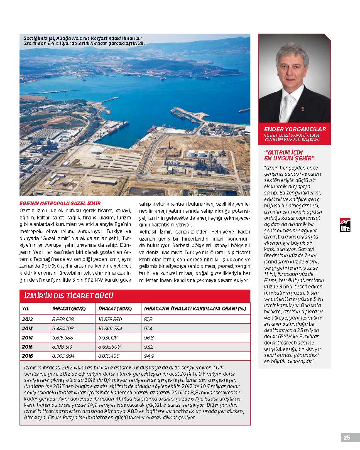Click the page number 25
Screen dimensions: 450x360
coord(347,437)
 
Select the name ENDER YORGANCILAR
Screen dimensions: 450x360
coord(295,129)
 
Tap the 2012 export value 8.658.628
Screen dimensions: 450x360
coord(63,319)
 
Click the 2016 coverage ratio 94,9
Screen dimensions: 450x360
coord(149,356)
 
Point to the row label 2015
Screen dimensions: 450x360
coord(27,347)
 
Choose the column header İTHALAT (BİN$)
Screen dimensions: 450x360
coord(115,309)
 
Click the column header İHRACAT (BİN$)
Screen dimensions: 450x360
coord(69,309)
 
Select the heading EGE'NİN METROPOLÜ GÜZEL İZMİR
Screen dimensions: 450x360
coord(60,204)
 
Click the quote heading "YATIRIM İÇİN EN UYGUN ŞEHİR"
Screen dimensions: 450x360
coord(289,155)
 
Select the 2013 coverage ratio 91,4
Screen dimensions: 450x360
coord(148,328)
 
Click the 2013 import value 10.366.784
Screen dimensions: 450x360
coord(110,328)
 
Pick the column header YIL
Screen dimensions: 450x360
coord(26,309)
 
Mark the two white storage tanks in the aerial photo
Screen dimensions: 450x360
coord(196,153)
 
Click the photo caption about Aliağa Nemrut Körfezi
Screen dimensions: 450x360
coord(83,40)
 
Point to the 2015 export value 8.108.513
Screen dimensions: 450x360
coord(63,347)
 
